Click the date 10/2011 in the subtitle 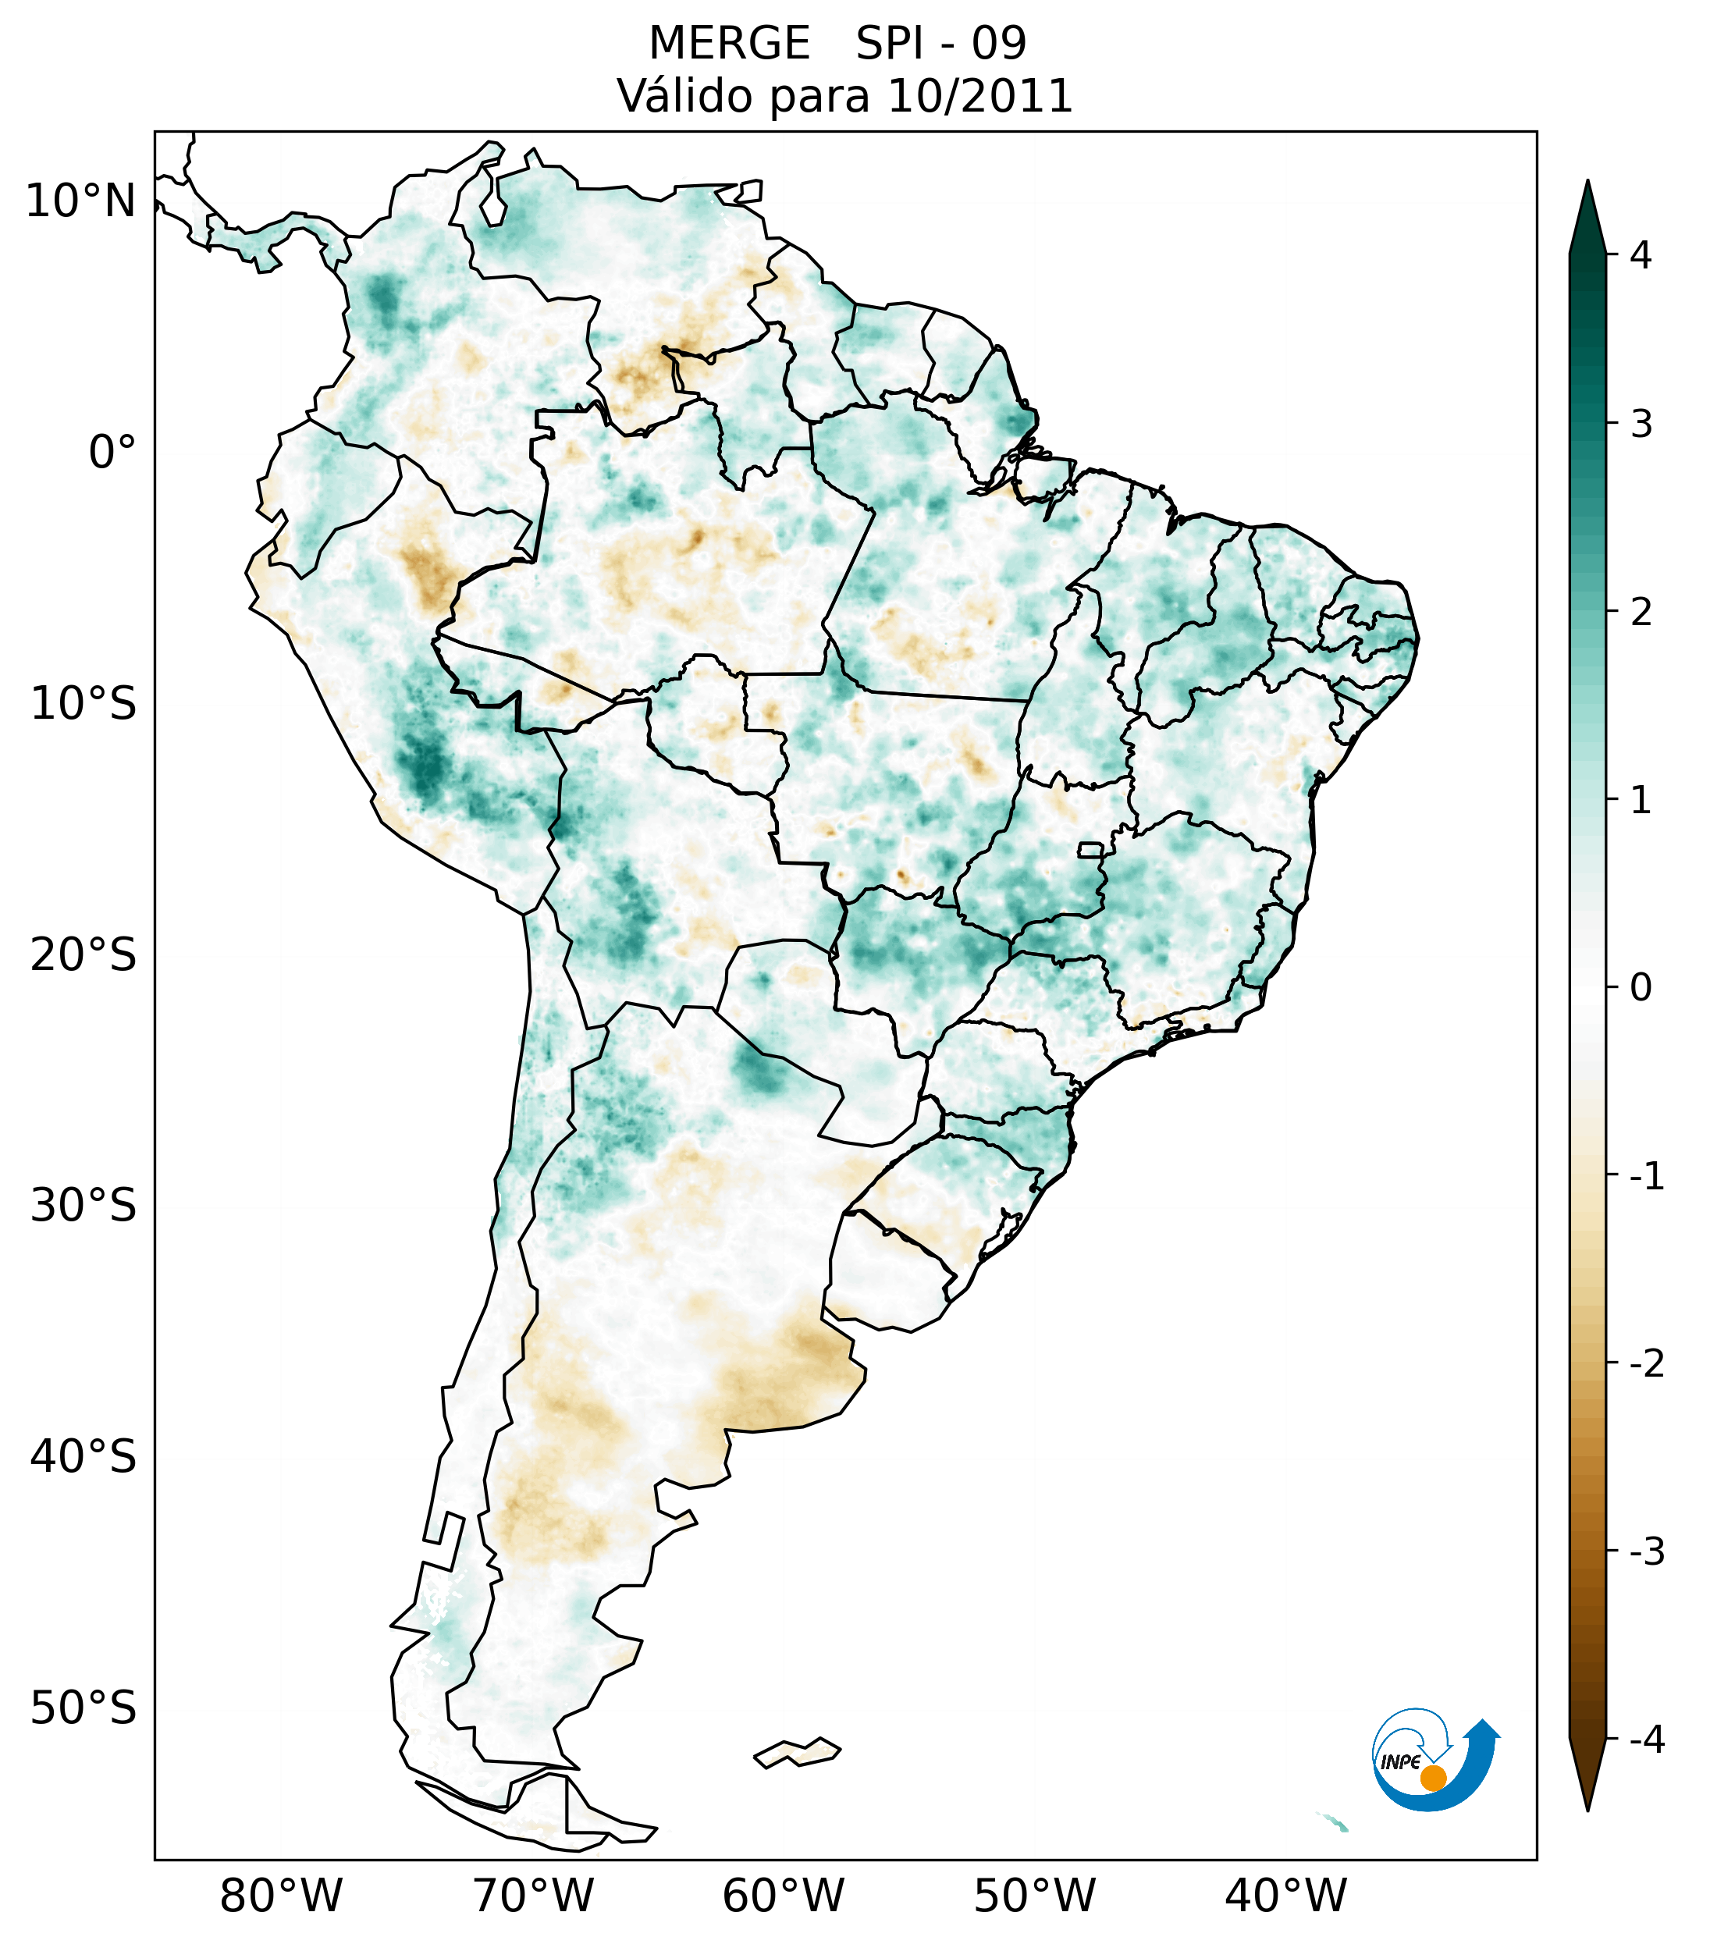pyautogui.click(x=979, y=96)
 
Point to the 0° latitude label pyautogui.click(x=112, y=452)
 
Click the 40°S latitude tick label pyautogui.click(x=84, y=1456)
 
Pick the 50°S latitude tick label pyautogui.click(x=84, y=1708)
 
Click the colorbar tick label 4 pyautogui.click(x=1641, y=255)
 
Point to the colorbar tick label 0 pyautogui.click(x=1641, y=988)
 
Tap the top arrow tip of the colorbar pyautogui.click(x=1587, y=183)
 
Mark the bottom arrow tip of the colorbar pyautogui.click(x=1587, y=1808)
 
